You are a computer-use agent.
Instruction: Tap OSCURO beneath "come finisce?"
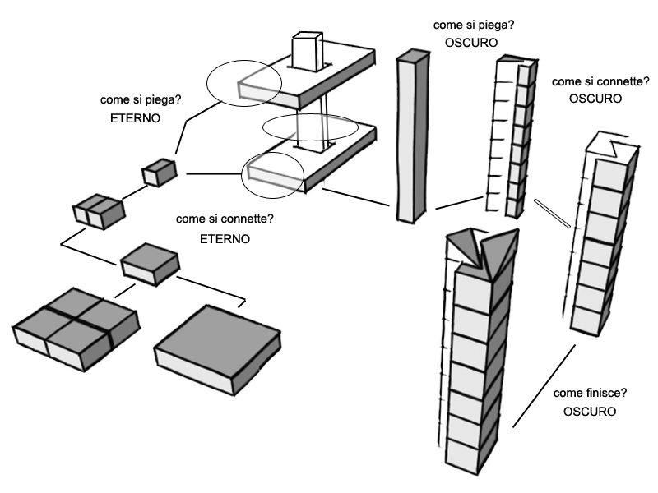(x=589, y=411)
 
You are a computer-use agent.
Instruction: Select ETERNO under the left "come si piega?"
(x=134, y=118)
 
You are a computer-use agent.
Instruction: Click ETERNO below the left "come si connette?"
(x=225, y=238)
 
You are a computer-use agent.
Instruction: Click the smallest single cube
(x=160, y=173)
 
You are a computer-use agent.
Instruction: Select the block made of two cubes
(x=98, y=211)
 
